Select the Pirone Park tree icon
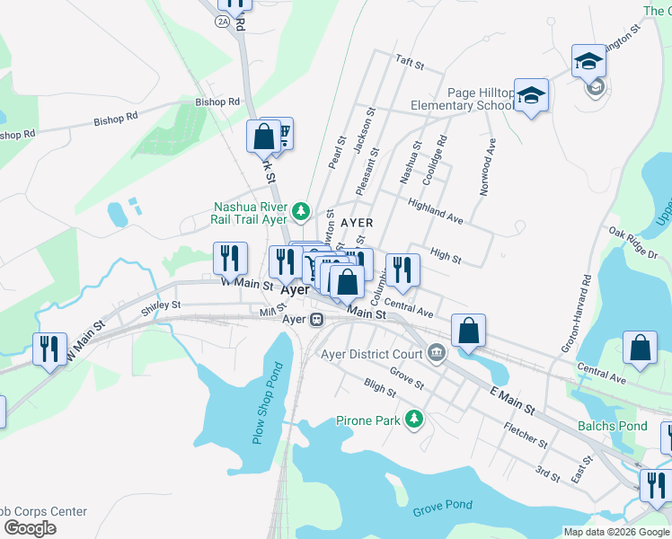pos(414,420)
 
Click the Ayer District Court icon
pos(437,352)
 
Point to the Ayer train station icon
pos(316,319)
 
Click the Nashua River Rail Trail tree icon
pos(302,212)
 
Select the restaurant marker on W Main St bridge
pos(49,349)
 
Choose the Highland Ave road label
pos(436,212)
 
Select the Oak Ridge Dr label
pos(632,244)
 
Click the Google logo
pos(30,528)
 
